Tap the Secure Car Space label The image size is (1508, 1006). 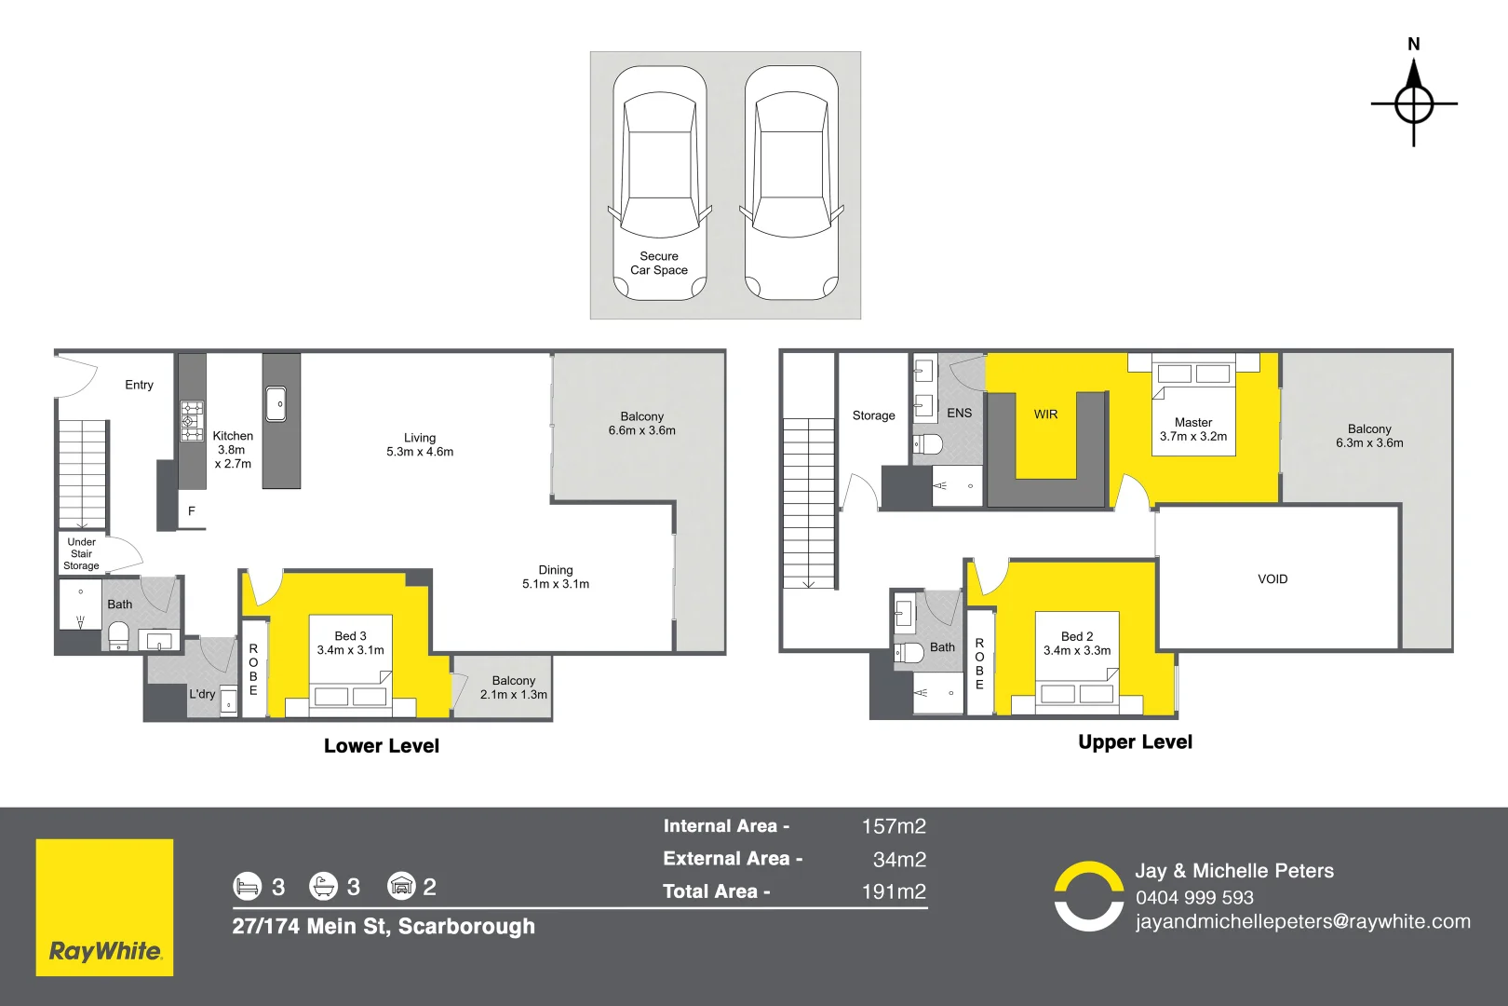click(659, 264)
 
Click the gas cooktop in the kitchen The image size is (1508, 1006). click(192, 421)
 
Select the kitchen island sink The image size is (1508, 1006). click(276, 404)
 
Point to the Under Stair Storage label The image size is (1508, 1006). click(82, 553)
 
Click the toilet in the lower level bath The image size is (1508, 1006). click(118, 636)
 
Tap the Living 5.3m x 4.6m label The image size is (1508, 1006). click(420, 444)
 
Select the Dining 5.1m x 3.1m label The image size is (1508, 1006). click(556, 577)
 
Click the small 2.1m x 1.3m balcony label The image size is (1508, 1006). click(513, 687)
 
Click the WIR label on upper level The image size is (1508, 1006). click(1045, 415)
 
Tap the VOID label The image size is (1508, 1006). click(1272, 579)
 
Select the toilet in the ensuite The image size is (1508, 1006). click(927, 444)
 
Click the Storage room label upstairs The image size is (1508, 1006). click(873, 415)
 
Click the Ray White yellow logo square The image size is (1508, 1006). click(104, 907)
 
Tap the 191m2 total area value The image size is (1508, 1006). click(894, 891)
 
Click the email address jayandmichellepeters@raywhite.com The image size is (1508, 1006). click(1302, 921)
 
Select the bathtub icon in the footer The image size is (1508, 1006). click(323, 886)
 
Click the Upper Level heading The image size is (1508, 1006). click(1135, 742)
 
